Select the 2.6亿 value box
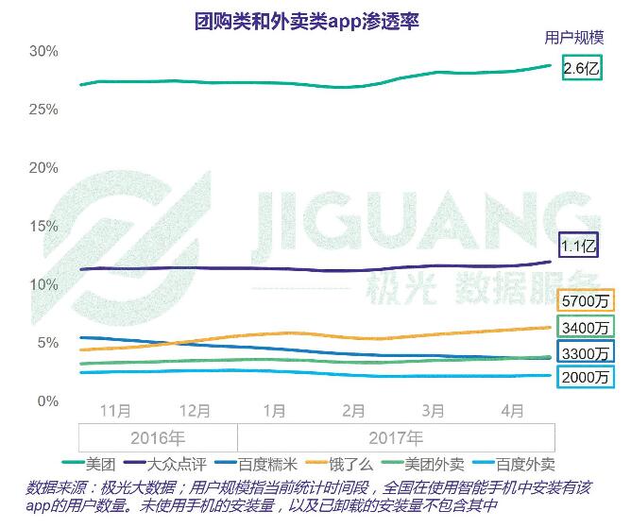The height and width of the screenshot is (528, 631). (x=581, y=68)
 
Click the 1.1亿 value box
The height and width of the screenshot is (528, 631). (x=579, y=246)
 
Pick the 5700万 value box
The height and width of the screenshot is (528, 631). (x=586, y=301)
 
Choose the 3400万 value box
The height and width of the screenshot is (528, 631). (x=586, y=328)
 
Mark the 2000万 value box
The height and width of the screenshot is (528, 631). (x=586, y=377)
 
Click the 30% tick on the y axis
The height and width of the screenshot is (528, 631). (x=43, y=51)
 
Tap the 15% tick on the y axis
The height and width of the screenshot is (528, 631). (x=43, y=226)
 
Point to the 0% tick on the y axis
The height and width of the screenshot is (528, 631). (x=47, y=400)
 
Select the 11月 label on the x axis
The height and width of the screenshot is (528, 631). (x=115, y=411)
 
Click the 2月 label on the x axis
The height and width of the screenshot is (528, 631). (x=353, y=411)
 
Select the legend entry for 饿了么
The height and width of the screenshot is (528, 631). (x=348, y=464)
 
